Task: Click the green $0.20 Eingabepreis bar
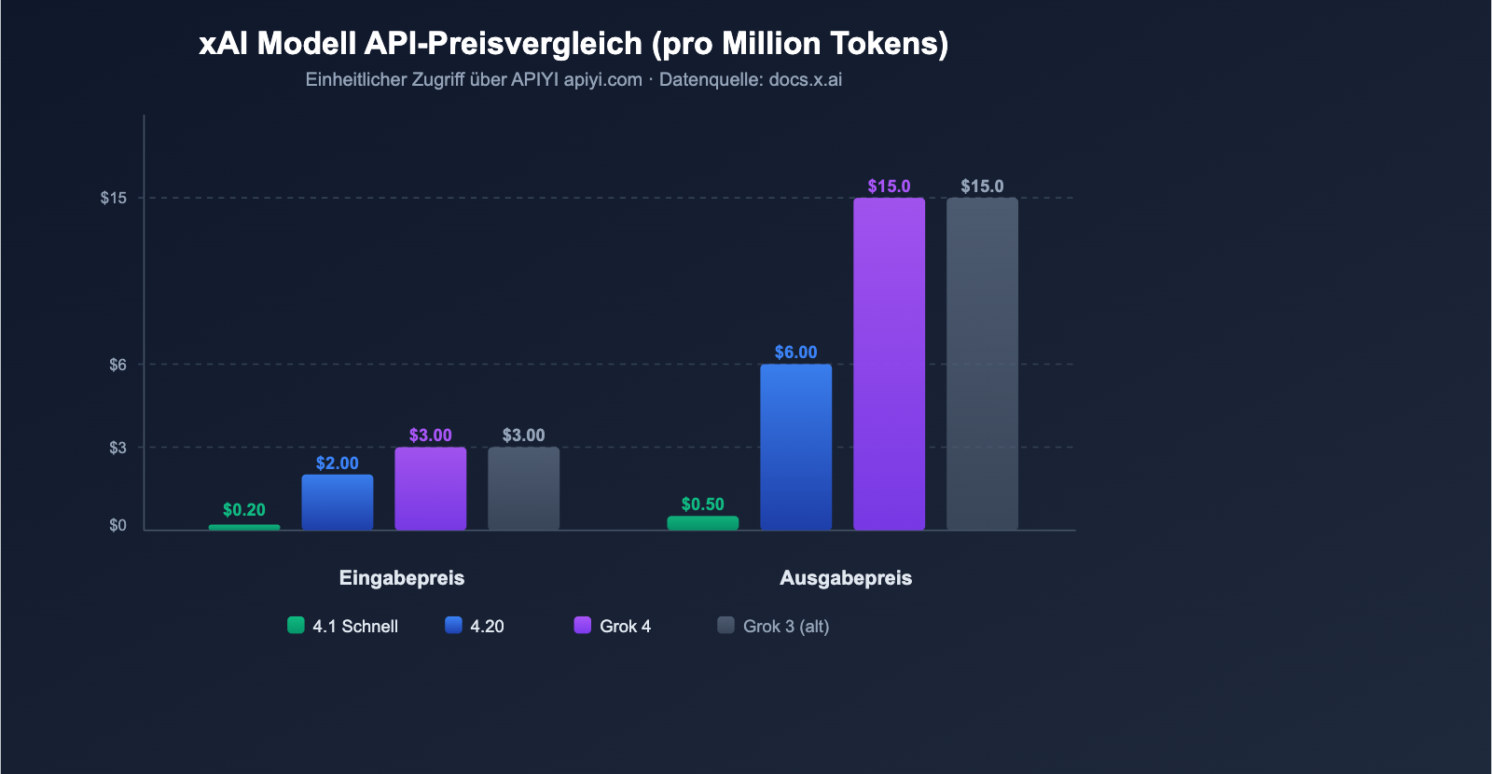244,527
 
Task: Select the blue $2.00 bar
338,503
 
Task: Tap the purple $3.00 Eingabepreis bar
431,489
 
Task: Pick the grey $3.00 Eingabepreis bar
524,489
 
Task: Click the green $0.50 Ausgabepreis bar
703,523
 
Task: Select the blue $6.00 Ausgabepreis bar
796,447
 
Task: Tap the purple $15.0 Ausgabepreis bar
890,364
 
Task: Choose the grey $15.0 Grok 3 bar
983,364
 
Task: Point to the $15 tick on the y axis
114,198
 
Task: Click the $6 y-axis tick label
117,365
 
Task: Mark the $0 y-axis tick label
117,525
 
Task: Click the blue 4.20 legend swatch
453,626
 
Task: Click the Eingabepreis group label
402,578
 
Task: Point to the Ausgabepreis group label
846,578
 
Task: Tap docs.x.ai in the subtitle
805,79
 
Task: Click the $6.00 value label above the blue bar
795,352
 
